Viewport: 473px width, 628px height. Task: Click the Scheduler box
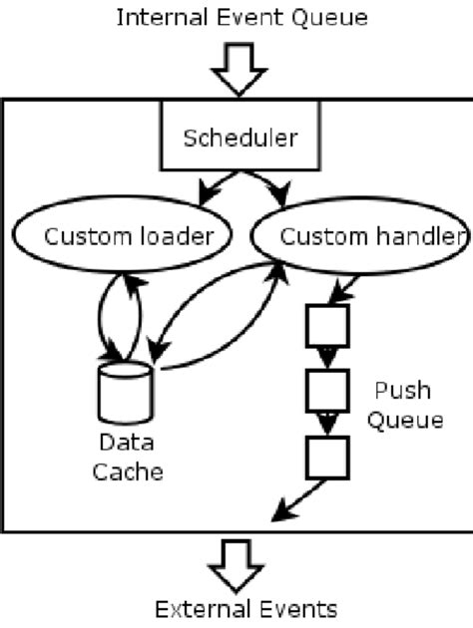[239, 138]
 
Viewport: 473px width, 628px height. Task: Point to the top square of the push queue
[326, 325]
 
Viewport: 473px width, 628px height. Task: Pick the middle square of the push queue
[326, 390]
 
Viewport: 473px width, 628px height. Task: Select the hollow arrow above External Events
[239, 564]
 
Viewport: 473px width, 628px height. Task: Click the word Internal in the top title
[153, 17]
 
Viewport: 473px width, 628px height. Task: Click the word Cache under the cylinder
[127, 471]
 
